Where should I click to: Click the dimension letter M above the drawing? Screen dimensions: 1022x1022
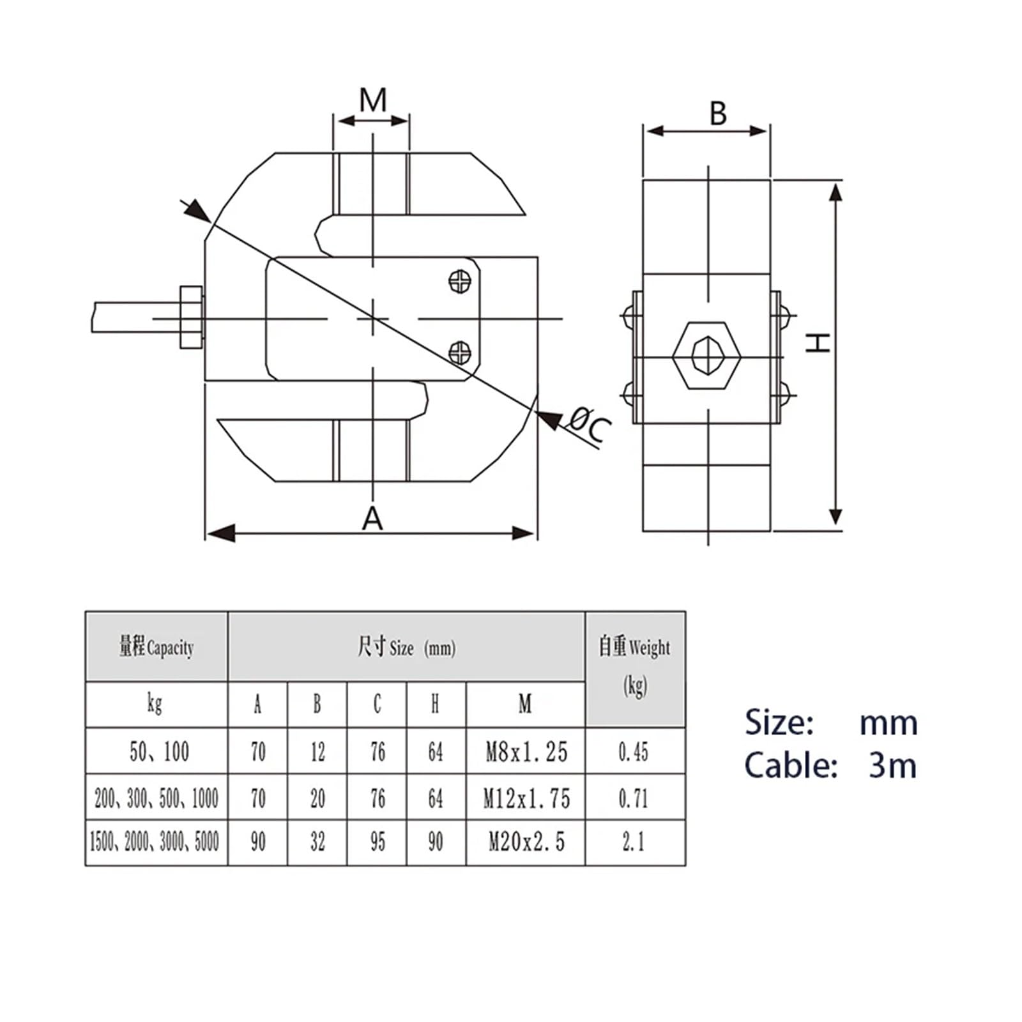tap(373, 100)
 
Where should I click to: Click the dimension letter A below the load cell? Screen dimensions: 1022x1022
tap(372, 518)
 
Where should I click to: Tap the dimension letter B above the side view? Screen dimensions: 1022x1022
tap(718, 114)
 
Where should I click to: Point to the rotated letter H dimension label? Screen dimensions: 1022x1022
tap(817, 342)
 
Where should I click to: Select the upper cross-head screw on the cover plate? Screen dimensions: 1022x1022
tap(460, 281)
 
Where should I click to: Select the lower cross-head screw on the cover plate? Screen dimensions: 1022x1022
tap(460, 352)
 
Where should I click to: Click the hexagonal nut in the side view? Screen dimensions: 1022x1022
tap(707, 356)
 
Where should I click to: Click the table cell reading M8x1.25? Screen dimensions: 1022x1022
tap(526, 752)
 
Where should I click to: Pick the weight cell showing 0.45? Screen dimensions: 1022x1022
tap(634, 752)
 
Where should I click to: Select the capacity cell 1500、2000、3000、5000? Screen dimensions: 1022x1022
tap(155, 843)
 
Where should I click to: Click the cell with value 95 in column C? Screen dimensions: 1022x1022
tap(377, 843)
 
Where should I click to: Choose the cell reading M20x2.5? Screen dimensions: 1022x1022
tap(526, 843)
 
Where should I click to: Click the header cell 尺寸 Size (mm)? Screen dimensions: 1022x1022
tap(406, 648)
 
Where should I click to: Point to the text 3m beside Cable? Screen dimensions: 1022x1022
tap(892, 765)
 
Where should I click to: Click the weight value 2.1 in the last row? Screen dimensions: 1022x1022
tap(634, 843)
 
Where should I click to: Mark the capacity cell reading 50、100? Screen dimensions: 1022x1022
tap(158, 752)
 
